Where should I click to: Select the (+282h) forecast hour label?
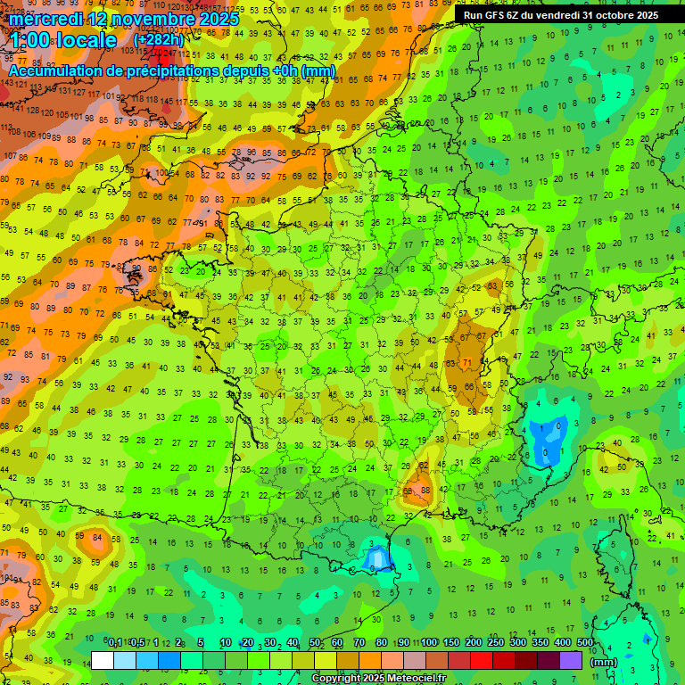[x=158, y=40]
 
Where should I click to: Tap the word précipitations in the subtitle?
[x=186, y=70]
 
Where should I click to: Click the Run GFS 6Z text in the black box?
[x=495, y=15]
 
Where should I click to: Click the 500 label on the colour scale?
[x=584, y=643]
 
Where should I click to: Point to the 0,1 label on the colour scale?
[x=115, y=643]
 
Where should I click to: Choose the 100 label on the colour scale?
[x=429, y=643]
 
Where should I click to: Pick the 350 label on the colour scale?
[x=541, y=643]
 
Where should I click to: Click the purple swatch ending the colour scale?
[x=571, y=660]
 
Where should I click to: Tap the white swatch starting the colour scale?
[x=103, y=660]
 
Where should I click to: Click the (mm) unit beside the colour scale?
[x=604, y=662]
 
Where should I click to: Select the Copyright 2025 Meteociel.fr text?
[x=367, y=678]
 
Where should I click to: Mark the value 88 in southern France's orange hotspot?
[x=425, y=490]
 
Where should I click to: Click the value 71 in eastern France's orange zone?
[x=467, y=362]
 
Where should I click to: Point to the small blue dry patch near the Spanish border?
[x=376, y=559]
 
